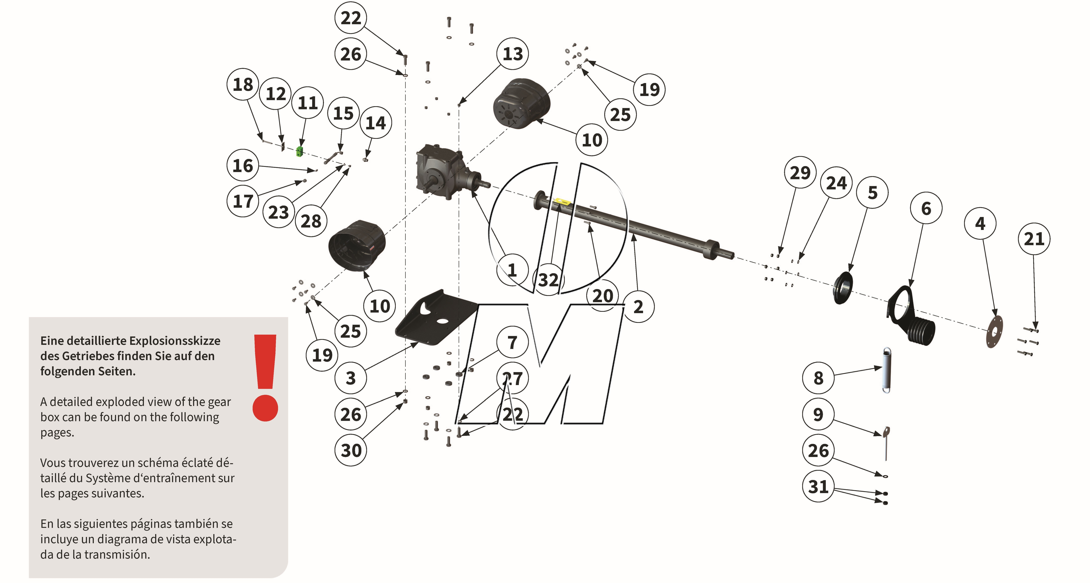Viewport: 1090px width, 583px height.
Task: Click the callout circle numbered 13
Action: [512, 54]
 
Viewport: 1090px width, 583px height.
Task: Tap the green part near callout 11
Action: [300, 151]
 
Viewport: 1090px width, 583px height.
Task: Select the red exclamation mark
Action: [265, 378]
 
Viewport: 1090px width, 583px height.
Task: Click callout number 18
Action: [243, 84]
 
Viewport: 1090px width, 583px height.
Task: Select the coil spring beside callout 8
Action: [886, 370]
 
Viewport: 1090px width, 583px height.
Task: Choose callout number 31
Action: [818, 487]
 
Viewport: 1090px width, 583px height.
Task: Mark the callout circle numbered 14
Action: [375, 123]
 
